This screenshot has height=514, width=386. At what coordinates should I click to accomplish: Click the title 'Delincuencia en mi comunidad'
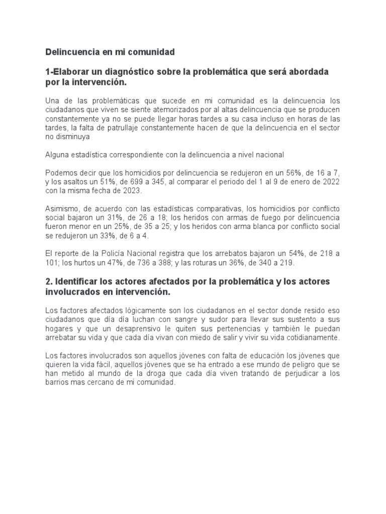[110, 52]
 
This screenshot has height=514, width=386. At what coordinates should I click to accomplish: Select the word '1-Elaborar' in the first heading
[68, 72]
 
